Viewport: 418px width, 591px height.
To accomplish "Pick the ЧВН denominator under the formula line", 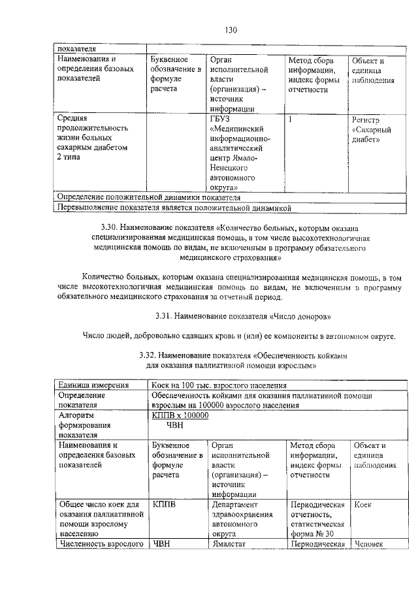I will [175, 425].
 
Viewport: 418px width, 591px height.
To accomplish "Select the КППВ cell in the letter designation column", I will [163, 505].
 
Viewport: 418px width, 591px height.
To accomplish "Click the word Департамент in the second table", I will [236, 505].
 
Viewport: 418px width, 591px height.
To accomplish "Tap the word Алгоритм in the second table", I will [76, 415].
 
